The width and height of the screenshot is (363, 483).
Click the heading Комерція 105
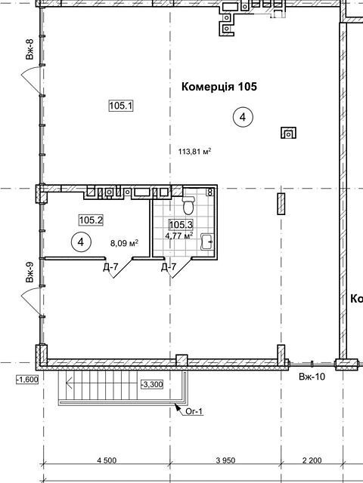point(219,87)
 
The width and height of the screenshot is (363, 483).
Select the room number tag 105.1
point(121,106)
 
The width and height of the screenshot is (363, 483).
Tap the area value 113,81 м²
point(195,152)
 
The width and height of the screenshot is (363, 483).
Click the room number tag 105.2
point(91,220)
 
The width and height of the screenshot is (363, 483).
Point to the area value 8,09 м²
point(124,243)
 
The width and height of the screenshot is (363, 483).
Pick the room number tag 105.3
point(181,225)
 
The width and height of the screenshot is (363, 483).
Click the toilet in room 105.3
point(188,205)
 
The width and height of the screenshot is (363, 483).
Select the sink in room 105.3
point(207,241)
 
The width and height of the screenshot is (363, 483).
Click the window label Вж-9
point(29,272)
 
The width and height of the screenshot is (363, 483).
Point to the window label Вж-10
point(312,377)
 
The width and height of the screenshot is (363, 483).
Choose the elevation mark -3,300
point(152,384)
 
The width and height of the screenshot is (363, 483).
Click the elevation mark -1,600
point(27,380)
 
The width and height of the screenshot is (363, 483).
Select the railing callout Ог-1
point(194,411)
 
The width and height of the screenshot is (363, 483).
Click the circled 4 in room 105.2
point(81,242)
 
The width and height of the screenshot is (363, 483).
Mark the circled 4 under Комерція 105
point(243,117)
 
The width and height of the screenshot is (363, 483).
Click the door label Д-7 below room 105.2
point(110,267)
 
